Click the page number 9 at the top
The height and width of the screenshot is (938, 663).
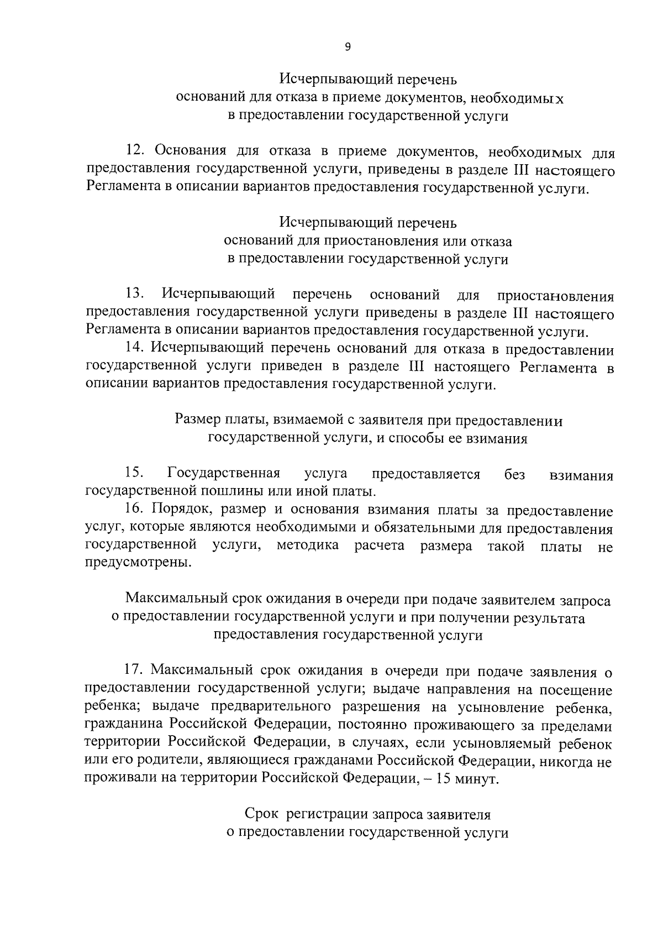pos(347,48)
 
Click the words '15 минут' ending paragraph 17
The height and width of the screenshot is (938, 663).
pos(473,779)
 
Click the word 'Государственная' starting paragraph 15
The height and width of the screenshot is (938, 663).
pos(223,473)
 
